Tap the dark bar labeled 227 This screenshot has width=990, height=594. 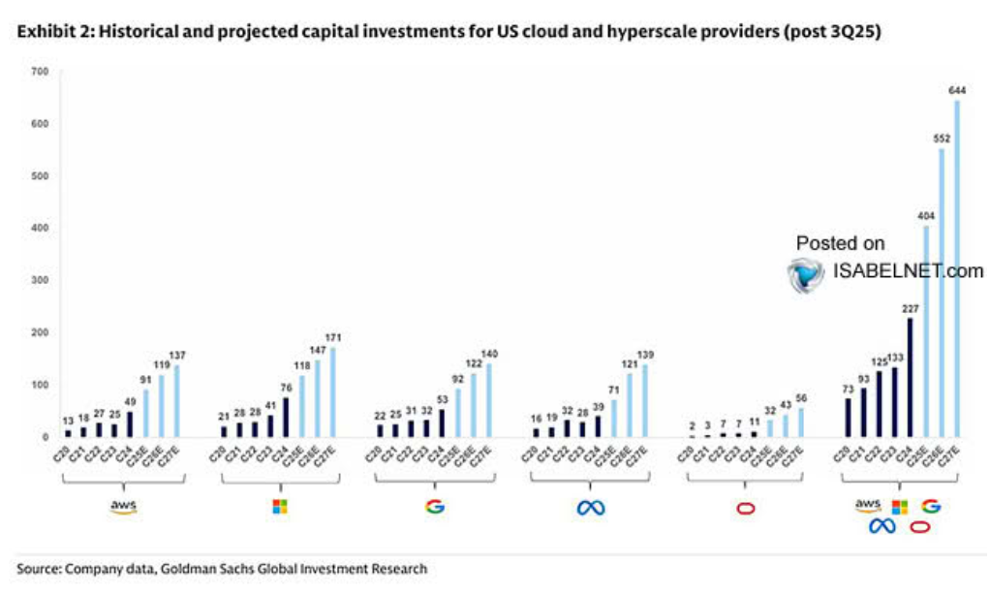click(x=911, y=377)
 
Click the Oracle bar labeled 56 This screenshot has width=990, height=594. click(x=801, y=422)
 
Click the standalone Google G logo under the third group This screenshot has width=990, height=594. click(x=434, y=507)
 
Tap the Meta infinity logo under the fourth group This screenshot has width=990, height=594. click(x=591, y=507)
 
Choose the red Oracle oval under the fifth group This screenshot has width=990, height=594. click(x=745, y=508)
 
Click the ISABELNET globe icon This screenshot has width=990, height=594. click(x=806, y=274)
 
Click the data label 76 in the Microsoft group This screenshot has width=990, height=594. click(x=286, y=388)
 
